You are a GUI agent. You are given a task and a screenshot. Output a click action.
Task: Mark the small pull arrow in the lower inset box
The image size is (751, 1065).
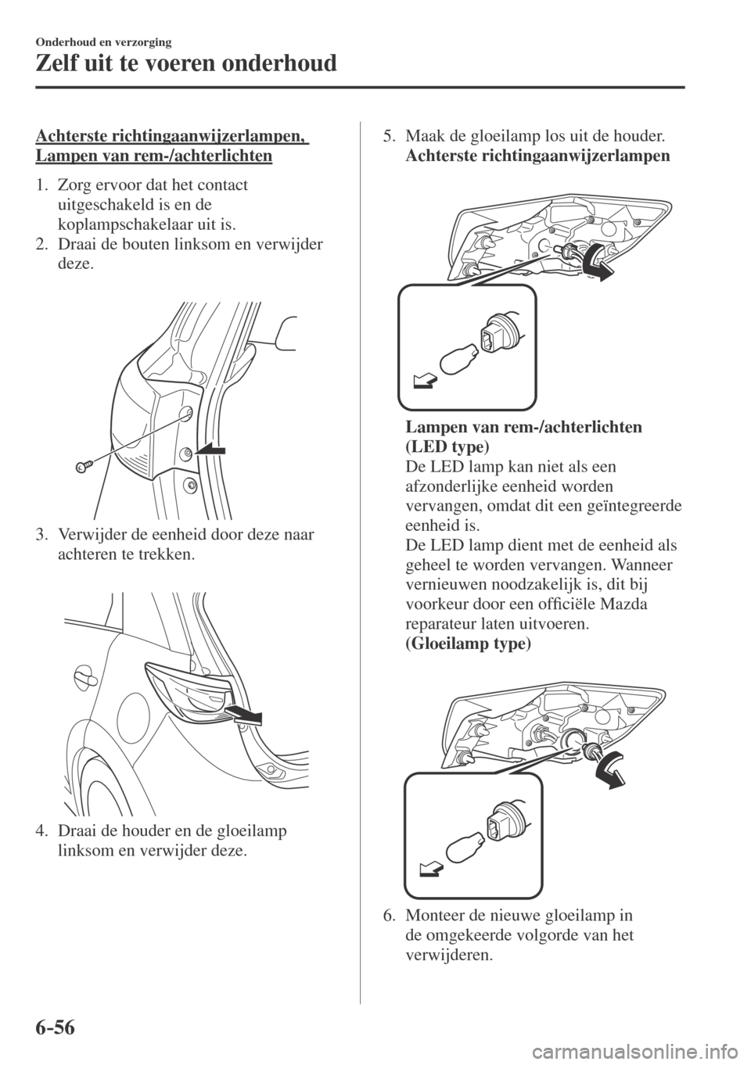[x=429, y=866]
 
